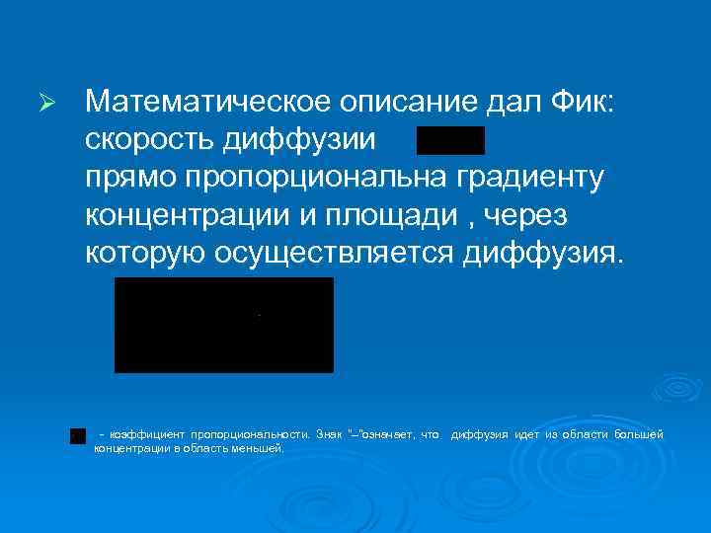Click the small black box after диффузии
tap(450, 141)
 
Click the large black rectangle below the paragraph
tap(224, 325)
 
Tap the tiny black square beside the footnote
tap(77, 435)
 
